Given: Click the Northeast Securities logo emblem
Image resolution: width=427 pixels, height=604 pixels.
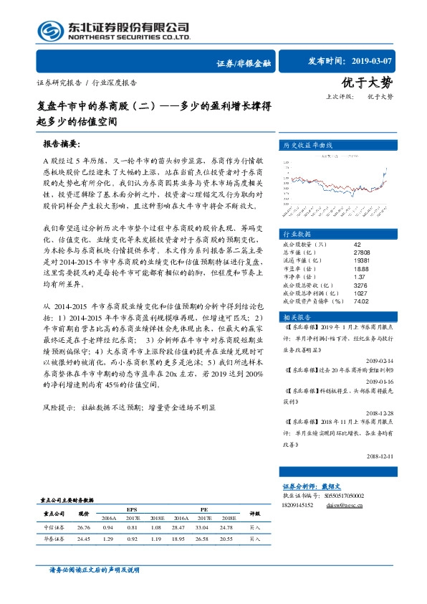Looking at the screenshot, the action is coord(49,30).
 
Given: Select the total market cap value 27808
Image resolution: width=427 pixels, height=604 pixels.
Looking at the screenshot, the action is coord(362,253).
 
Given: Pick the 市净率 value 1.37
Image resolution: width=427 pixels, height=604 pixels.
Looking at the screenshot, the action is coord(360,277).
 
